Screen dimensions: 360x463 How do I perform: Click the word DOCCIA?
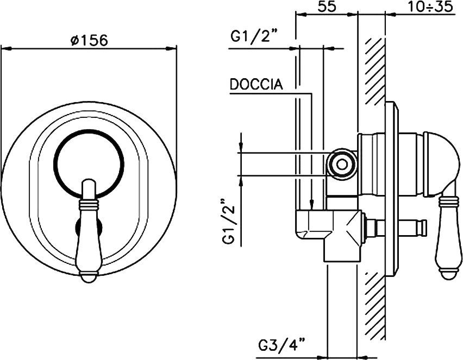pos(256,85)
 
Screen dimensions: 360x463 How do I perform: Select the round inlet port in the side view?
pos(341,162)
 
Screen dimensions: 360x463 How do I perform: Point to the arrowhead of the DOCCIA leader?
pos(312,206)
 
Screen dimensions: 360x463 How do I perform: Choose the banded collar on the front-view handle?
pos(89,204)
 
